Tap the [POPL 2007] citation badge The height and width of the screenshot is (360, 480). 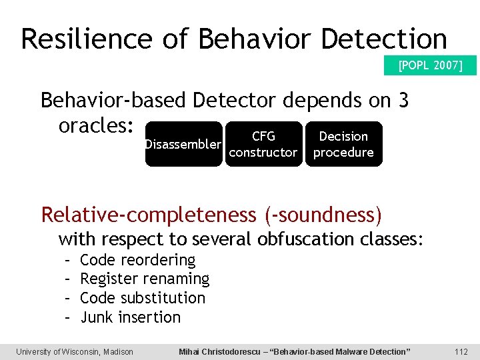tap(430, 65)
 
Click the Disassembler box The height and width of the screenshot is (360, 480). tap(183, 144)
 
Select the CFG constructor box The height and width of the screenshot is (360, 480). tap(263, 144)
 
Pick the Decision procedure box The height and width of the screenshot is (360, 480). tap(343, 144)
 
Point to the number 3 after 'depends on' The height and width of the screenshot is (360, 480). tap(402, 100)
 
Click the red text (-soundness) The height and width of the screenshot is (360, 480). tap(323, 215)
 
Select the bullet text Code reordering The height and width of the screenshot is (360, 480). tap(137, 259)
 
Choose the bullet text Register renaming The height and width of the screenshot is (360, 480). tap(144, 279)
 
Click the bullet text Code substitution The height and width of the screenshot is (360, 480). tap(142, 298)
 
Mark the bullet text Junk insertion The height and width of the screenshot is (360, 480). tap(130, 317)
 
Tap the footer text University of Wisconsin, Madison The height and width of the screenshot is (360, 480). tap(75, 351)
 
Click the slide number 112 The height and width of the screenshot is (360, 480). tap(461, 351)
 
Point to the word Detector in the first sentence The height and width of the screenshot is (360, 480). tap(233, 100)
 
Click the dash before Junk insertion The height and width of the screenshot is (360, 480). tap(67, 317)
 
